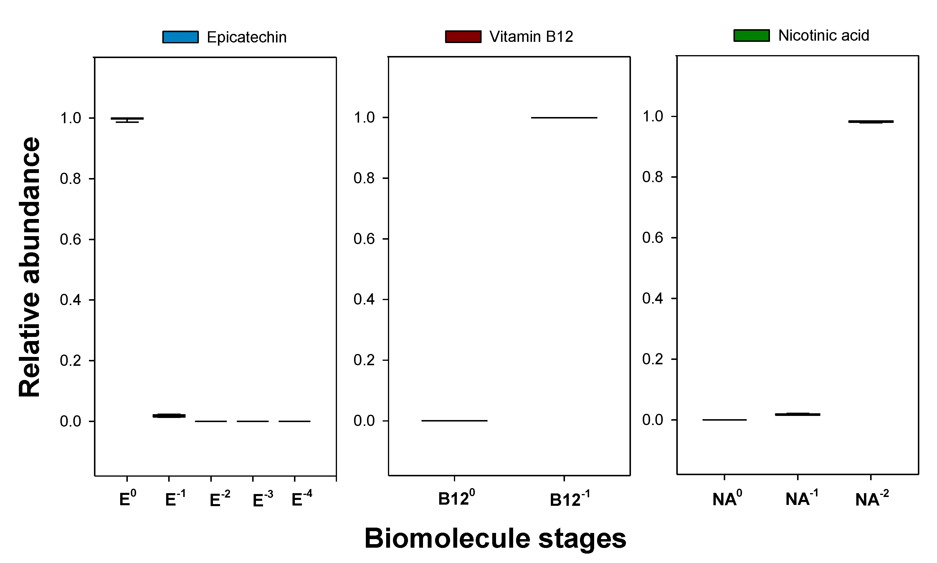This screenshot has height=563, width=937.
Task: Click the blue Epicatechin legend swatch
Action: [x=181, y=37]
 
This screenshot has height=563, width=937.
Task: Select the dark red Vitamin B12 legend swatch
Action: [x=463, y=37]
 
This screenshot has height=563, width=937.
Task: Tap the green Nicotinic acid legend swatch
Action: [x=751, y=35]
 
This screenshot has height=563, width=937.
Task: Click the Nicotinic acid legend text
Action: [x=823, y=36]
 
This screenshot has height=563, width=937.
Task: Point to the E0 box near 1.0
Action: [x=127, y=119]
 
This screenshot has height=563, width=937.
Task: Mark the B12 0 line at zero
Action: [x=454, y=420]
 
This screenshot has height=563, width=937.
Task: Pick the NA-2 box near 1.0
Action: [x=871, y=121]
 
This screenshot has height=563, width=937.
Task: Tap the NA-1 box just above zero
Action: [x=797, y=414]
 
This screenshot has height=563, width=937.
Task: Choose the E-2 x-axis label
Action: [x=219, y=499]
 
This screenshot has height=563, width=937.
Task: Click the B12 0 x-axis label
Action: [x=456, y=498]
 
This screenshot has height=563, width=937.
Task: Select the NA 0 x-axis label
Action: [x=727, y=498]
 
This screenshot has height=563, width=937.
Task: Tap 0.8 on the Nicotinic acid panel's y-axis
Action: [x=652, y=177]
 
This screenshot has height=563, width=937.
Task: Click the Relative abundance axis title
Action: [x=29, y=267]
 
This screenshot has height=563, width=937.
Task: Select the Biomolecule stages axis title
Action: [x=495, y=538]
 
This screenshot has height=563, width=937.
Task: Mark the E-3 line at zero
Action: [x=253, y=421]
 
